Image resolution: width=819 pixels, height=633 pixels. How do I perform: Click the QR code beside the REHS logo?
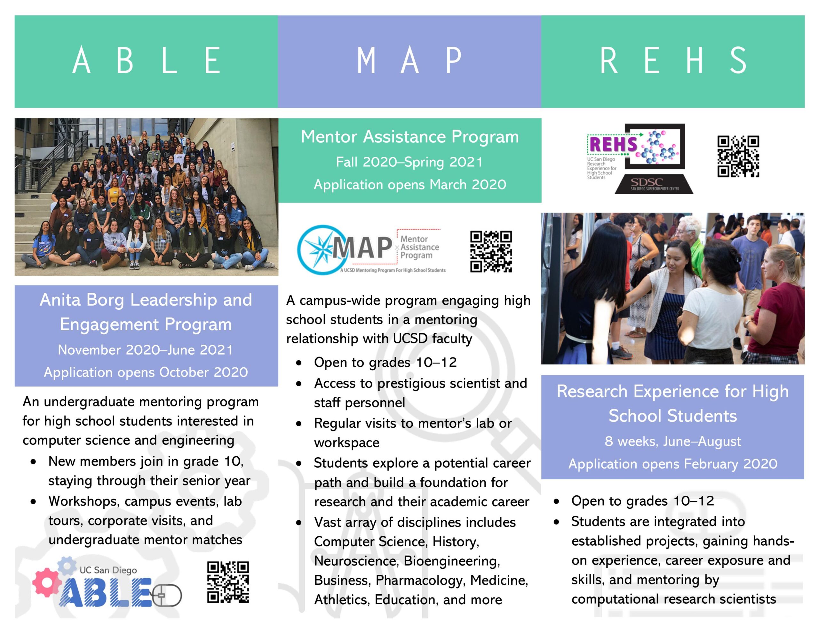click(x=738, y=156)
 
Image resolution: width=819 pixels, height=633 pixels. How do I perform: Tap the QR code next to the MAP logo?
click(x=491, y=252)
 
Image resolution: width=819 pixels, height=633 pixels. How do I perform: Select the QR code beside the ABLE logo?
click(x=228, y=582)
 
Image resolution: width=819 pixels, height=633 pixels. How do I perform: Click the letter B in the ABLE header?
click(x=125, y=60)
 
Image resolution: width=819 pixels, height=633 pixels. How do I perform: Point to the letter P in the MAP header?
click(x=453, y=60)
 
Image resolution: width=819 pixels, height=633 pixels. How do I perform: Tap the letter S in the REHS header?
click(x=738, y=60)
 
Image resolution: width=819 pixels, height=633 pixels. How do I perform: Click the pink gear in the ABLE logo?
click(x=47, y=582)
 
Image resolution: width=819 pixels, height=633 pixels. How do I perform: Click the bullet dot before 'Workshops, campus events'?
click(x=34, y=502)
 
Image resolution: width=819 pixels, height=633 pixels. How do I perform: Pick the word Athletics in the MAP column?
click(x=342, y=600)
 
